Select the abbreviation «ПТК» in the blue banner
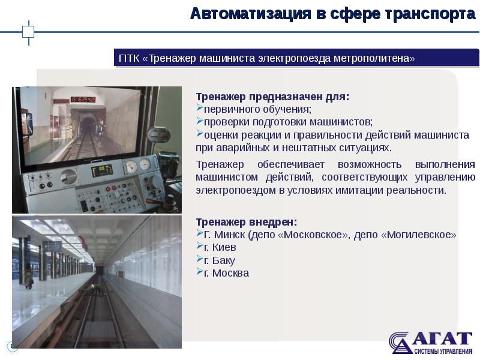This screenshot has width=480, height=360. click(129, 58)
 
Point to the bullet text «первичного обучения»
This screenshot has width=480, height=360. click(257, 109)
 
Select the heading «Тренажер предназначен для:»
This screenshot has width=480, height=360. click(272, 97)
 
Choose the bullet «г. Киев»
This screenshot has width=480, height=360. click(220, 247)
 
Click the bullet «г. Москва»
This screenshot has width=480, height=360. click(226, 273)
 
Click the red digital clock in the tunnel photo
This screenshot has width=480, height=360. click(83, 98)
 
